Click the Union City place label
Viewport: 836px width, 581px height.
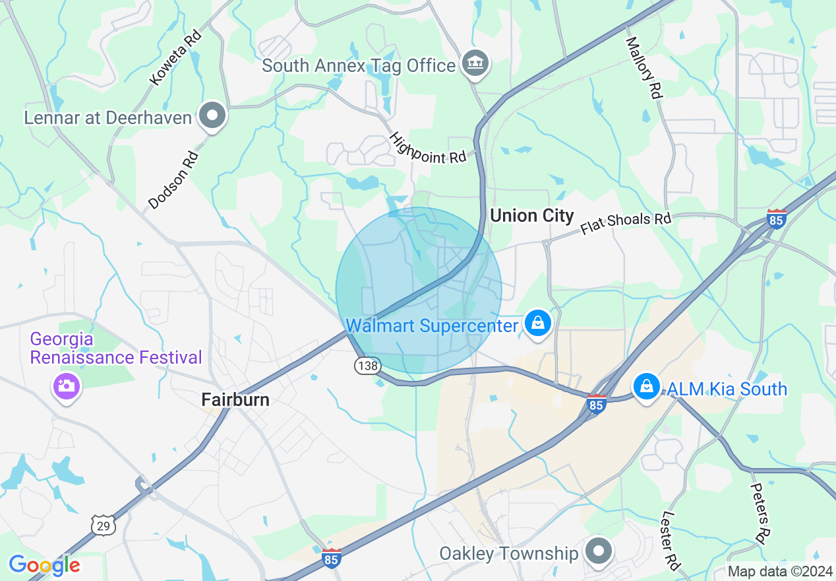click(532, 215)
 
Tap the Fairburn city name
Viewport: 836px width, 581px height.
click(235, 399)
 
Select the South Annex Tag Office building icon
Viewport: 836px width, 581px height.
click(475, 64)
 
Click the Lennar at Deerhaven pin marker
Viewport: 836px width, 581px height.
click(212, 116)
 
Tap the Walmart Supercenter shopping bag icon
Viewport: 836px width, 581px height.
click(539, 324)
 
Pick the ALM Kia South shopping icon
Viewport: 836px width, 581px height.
click(647, 387)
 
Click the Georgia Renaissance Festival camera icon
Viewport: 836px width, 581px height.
click(65, 386)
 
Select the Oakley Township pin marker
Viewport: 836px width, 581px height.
click(599, 551)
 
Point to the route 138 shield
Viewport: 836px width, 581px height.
click(366, 365)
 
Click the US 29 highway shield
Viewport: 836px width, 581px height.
click(104, 524)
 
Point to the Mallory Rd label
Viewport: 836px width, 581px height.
click(643, 67)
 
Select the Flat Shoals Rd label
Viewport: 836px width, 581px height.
click(626, 223)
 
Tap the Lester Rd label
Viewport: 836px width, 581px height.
click(671, 541)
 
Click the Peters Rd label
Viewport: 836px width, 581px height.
click(761, 512)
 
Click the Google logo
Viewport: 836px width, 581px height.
click(44, 565)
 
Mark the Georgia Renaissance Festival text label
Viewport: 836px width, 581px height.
click(116, 349)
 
